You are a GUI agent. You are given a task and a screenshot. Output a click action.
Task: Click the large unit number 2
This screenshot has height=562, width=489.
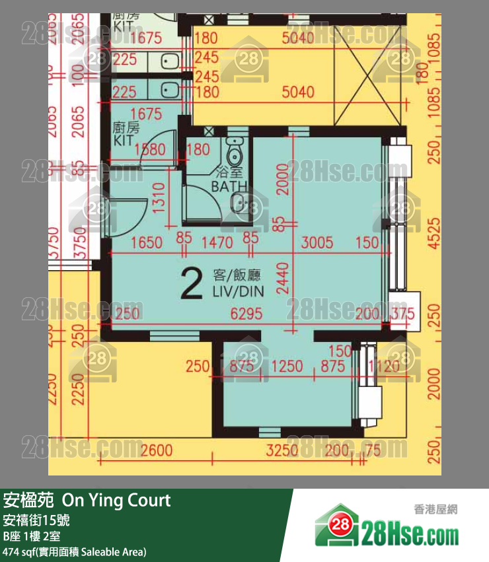190,285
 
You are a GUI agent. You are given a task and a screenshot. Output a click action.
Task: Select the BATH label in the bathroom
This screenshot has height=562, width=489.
227,186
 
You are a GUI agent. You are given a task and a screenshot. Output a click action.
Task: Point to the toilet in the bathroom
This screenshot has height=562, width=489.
235,153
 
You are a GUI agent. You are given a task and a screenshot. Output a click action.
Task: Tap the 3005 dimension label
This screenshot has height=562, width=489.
317,242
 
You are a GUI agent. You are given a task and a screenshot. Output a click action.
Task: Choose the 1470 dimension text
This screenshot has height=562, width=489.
215,242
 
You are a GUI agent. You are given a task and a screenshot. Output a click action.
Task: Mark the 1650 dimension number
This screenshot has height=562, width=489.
146,242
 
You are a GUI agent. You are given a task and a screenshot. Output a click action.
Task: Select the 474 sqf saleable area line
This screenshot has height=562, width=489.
75,551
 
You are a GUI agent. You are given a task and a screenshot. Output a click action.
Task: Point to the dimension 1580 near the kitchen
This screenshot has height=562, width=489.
149,150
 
